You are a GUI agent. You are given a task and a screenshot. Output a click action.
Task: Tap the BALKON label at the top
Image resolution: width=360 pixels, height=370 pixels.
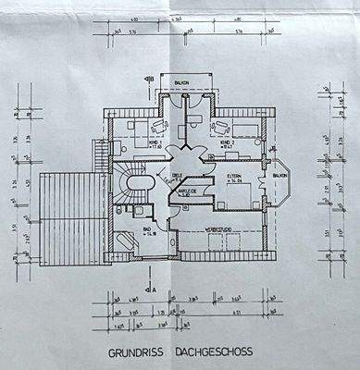(x=183, y=82)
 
